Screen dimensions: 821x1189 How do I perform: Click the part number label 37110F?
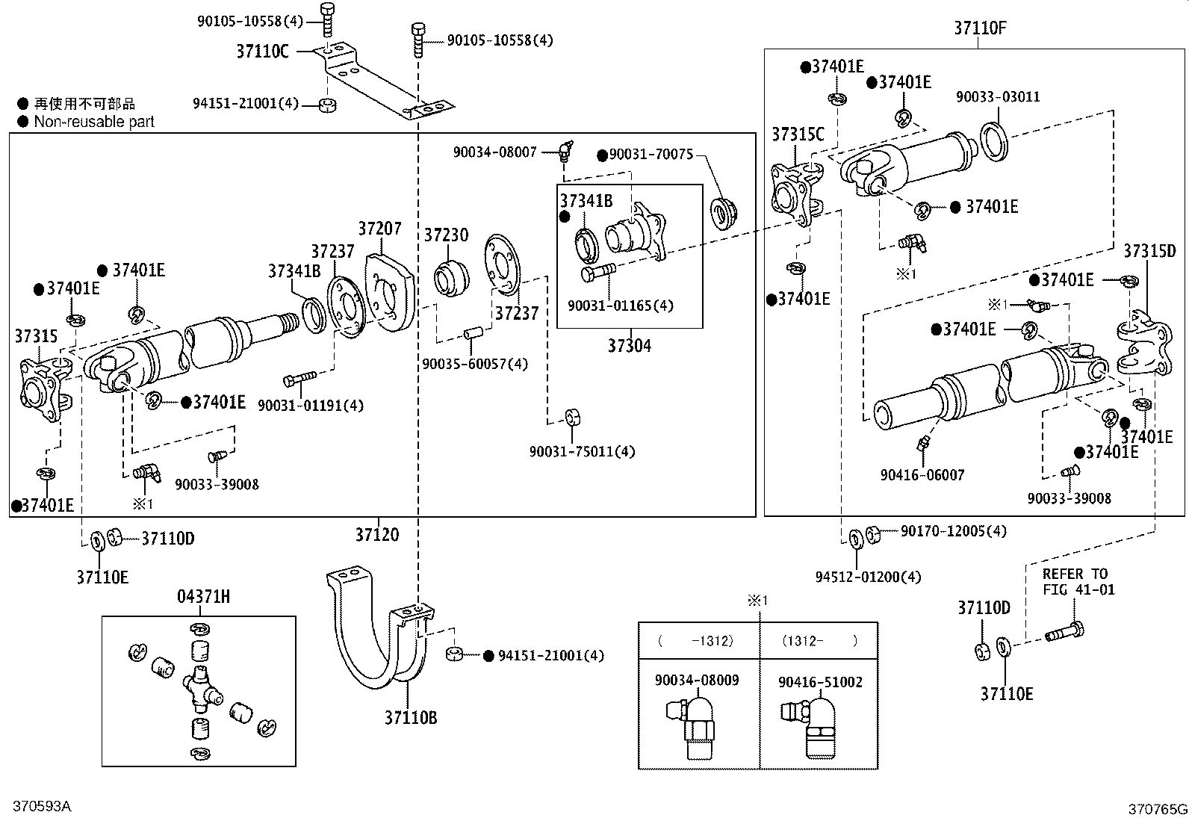pos(980,28)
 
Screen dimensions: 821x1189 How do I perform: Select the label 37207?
pos(379,229)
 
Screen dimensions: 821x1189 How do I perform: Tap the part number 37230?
pos(446,235)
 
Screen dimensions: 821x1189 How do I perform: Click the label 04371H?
pos(203,596)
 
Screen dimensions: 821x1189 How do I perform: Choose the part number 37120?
pos(377,535)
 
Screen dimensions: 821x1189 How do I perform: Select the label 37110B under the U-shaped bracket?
pos(411,718)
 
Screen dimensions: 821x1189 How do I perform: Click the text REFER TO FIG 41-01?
pos(1078,581)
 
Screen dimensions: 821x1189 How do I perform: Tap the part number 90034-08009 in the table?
pos(697,681)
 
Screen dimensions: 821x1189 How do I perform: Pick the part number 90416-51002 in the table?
pos(820,682)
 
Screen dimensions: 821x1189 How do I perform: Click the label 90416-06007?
pos(922,474)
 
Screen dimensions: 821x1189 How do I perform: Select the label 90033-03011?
pos(998,97)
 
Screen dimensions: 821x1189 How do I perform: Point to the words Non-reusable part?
pos(94,122)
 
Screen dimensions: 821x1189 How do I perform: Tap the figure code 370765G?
pos(1157,808)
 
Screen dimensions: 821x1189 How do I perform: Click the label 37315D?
pos(1149,251)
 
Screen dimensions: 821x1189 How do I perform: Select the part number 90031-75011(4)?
pos(582,451)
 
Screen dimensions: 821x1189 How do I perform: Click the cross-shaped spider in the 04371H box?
pos(200,683)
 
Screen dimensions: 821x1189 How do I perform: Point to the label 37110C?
pos(262,52)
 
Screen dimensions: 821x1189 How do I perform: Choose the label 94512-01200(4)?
pos(868,577)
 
